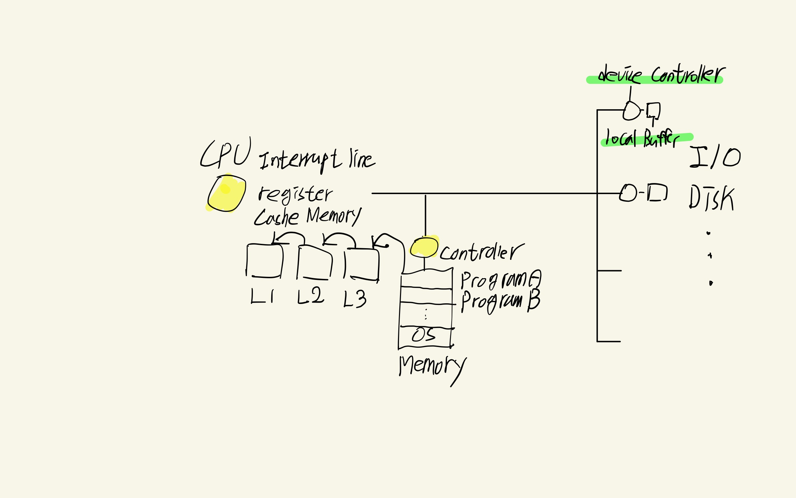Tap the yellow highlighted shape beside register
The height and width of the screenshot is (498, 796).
click(x=227, y=193)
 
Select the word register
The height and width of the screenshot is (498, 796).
click(x=295, y=194)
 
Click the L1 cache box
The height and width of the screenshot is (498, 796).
click(x=265, y=261)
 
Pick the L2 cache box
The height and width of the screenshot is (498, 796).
click(x=314, y=263)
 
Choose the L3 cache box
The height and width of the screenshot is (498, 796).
click(x=362, y=264)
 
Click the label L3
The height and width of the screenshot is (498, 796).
click(x=355, y=299)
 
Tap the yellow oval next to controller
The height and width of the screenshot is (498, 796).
click(x=424, y=247)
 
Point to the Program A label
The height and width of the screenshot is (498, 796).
click(x=500, y=280)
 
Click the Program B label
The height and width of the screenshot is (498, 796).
click(x=500, y=301)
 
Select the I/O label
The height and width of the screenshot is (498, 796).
click(x=715, y=157)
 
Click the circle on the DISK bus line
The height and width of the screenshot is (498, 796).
click(x=628, y=193)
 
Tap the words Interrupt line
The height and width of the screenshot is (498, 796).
click(x=317, y=160)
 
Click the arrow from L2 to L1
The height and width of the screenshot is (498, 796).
click(x=289, y=237)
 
